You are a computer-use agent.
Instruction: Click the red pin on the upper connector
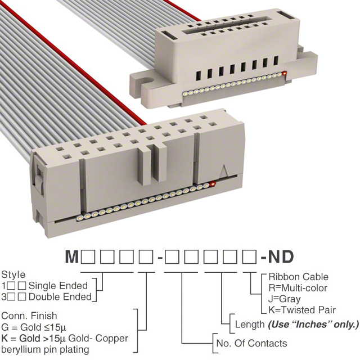pyautogui.click(x=285, y=74)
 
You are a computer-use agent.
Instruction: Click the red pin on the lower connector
pyautogui.click(x=213, y=184)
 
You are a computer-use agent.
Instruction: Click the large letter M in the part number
pyautogui.click(x=72, y=256)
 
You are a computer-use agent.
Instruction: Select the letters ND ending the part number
pyautogui.click(x=281, y=256)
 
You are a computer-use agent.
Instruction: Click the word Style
pyautogui.click(x=13, y=275)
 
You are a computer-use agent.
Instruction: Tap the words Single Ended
pyautogui.click(x=58, y=286)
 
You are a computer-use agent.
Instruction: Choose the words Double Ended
pyautogui.click(x=60, y=297)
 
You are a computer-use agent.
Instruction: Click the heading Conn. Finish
pyautogui.click(x=29, y=316)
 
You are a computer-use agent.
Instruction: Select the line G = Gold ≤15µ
pyautogui.click(x=34, y=327)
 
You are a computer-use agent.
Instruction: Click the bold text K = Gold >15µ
pyautogui.click(x=34, y=339)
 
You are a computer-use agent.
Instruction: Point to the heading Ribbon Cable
pyautogui.click(x=299, y=277)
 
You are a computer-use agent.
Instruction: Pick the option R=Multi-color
pyautogui.click(x=298, y=288)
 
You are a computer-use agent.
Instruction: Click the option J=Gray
pyautogui.click(x=284, y=299)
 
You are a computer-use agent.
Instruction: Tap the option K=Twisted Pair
pyautogui.click(x=302, y=310)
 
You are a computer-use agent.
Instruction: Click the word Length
pyautogui.click(x=250, y=325)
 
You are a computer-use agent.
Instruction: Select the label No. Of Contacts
pyautogui.click(x=251, y=344)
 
